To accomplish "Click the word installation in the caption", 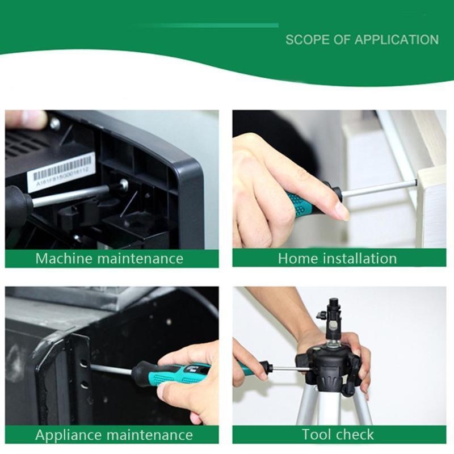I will [x=360, y=259].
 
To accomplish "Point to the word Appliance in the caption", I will [x=67, y=435].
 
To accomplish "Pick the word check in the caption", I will [x=356, y=435].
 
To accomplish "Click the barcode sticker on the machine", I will [x=61, y=171].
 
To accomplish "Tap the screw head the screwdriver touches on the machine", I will [x=123, y=184].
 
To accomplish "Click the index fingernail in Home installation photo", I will [x=342, y=211].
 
